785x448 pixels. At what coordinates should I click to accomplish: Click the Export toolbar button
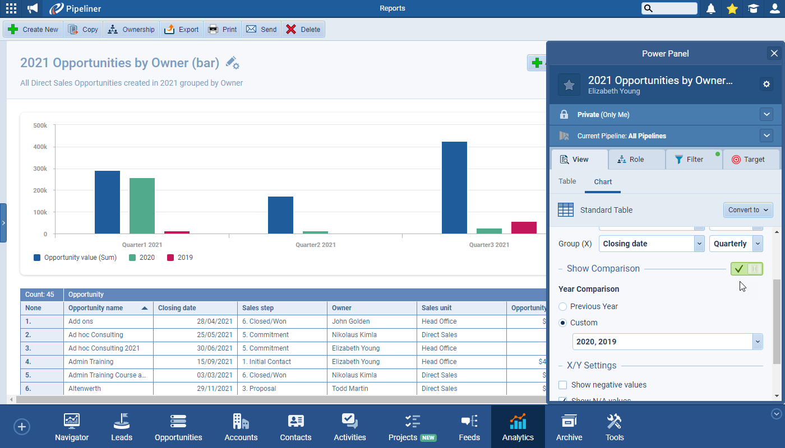coord(182,30)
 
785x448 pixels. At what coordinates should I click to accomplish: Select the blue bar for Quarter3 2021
coord(454,188)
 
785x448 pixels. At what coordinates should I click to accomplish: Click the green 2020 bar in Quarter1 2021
coord(142,206)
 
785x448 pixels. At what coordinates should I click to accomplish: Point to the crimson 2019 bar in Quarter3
coord(524,227)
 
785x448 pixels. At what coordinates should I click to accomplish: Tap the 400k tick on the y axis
coord(40,147)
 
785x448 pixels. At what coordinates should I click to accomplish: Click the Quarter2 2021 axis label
coord(316,245)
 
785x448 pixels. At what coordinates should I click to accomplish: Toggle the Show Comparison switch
coord(746,269)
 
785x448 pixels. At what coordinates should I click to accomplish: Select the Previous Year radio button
coord(563,306)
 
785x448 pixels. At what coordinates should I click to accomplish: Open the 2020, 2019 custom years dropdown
coord(667,342)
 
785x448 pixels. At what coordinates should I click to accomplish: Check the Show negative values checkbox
coord(563,385)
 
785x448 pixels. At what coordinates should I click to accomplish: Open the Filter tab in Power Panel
coord(694,160)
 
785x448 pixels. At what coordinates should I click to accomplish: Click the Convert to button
coord(748,210)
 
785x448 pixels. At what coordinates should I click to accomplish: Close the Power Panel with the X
coord(774,53)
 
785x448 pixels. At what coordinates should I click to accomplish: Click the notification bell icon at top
coord(711,8)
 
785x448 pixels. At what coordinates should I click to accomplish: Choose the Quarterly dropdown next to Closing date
coord(736,244)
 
